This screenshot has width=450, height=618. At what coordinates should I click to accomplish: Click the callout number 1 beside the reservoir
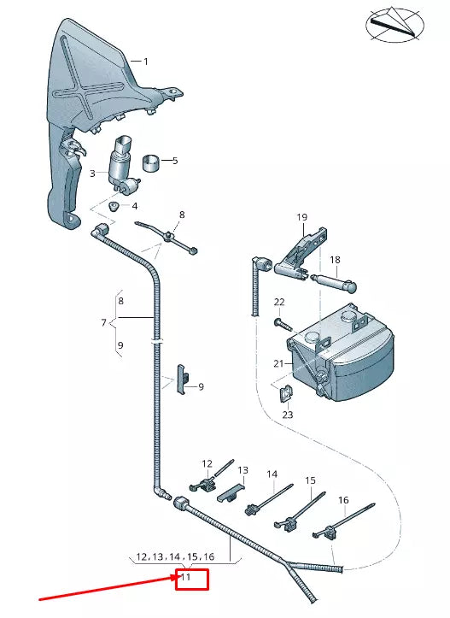pos(146,62)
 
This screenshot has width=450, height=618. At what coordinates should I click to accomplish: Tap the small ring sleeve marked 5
pos(152,161)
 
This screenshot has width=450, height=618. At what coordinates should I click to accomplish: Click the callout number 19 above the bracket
pos(301,218)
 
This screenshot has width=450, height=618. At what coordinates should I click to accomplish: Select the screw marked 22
pos(280,323)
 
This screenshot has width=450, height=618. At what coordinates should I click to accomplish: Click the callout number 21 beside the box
pos(278,363)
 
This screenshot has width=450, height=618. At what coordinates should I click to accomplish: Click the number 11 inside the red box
pos(186,578)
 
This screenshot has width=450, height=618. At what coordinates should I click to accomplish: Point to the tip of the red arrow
pos(175,578)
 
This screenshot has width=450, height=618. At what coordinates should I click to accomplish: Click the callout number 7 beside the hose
pos(103,323)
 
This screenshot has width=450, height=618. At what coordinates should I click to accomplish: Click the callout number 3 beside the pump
pos(92,174)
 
